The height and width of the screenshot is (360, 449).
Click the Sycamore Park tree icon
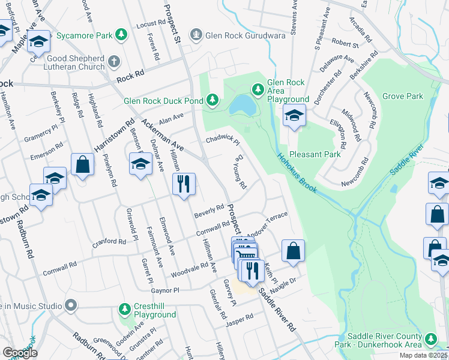121,35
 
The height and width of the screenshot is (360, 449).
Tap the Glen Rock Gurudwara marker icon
195,35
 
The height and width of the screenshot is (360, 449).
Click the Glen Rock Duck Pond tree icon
212,101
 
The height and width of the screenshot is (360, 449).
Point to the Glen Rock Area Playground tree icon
258,89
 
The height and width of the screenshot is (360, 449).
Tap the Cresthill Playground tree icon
124,309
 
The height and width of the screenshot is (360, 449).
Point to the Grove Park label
402,96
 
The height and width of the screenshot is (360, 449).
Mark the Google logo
20,353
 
